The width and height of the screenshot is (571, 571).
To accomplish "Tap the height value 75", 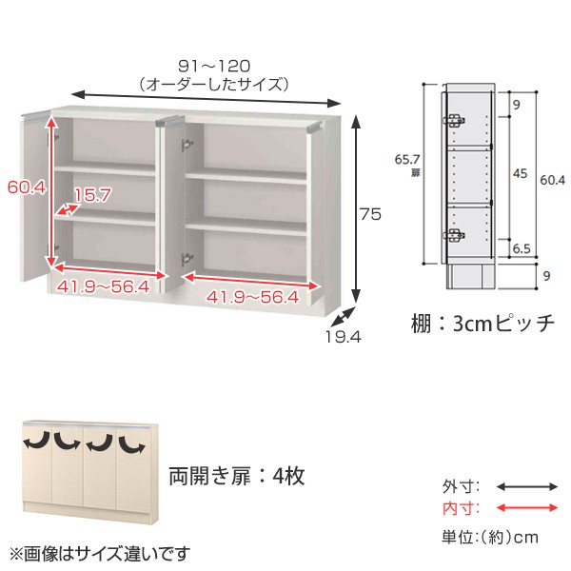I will tap(370, 215).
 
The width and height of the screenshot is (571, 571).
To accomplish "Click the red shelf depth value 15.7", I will tap(92, 196).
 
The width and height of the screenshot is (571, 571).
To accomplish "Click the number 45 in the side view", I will tap(521, 173).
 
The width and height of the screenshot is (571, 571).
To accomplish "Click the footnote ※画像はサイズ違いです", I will tap(100, 552).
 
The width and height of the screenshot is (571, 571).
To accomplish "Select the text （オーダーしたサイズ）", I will tap(212, 84).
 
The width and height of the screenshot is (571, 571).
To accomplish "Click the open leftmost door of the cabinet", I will tap(35, 200).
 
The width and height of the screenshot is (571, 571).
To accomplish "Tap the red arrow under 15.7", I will tap(68, 207).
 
